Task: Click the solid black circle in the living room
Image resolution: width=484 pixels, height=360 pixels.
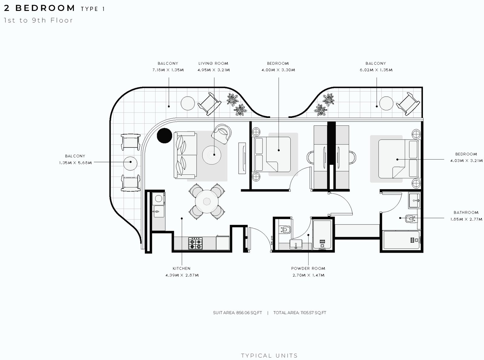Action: pyautogui.click(x=164, y=136)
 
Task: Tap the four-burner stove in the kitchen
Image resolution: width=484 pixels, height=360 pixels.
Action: pyautogui.click(x=195, y=244)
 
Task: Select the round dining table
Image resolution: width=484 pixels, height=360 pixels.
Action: pyautogui.click(x=207, y=202)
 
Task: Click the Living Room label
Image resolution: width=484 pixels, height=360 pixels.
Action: pyautogui.click(x=213, y=63)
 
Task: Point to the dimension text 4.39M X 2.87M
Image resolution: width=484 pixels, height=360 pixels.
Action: pyautogui.click(x=182, y=275)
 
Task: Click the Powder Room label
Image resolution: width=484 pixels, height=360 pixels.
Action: pyautogui.click(x=308, y=268)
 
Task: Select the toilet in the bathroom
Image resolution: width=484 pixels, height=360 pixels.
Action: pyautogui.click(x=411, y=219)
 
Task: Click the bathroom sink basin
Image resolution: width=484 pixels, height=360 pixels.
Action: pyautogui.click(x=414, y=200)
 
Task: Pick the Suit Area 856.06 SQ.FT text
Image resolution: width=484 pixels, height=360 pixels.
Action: pyautogui.click(x=237, y=313)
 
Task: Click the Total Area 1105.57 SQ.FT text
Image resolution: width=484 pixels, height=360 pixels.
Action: pyautogui.click(x=299, y=313)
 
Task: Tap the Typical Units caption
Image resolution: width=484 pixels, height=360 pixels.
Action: pyautogui.click(x=269, y=356)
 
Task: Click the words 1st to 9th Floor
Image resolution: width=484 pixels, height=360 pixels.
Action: pyautogui.click(x=38, y=20)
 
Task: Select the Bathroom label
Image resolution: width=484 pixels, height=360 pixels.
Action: pyautogui.click(x=466, y=212)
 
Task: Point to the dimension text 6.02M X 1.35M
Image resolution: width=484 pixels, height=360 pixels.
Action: pyautogui.click(x=376, y=70)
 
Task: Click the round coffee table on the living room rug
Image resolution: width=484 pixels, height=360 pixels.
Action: pyautogui.click(x=211, y=155)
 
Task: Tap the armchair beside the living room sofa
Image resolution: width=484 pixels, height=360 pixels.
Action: pyautogui.click(x=221, y=134)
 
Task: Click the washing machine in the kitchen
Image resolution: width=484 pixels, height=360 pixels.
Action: pyautogui.click(x=159, y=199)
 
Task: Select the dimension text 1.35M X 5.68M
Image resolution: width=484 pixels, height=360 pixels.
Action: pyautogui.click(x=75, y=163)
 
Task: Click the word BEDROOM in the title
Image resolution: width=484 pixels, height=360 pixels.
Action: pyautogui.click(x=45, y=8)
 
